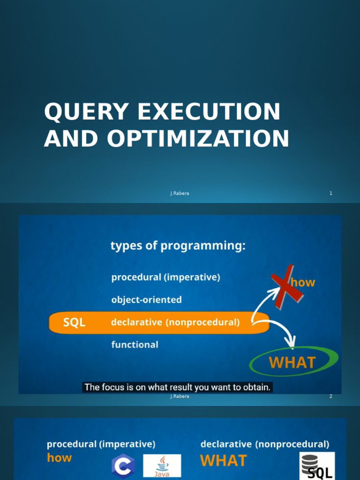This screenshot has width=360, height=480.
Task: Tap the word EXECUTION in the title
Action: coord(209,111)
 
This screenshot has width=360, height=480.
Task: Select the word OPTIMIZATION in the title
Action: coord(198,138)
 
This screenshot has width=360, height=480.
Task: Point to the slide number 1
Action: coord(330,193)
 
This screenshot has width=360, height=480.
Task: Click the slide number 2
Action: coord(330,396)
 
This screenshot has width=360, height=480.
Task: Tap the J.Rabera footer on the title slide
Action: coord(180,193)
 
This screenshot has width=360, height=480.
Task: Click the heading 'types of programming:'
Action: coord(178,246)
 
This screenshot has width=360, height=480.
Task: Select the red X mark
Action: coord(286,286)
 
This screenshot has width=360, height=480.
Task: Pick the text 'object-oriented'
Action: coord(146,300)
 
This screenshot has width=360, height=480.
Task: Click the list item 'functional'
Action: coord(135,345)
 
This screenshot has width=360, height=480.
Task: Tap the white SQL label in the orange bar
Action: coord(74,322)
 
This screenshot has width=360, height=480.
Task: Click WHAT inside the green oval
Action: coord(292,362)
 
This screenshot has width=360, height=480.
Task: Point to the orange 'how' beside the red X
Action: coord(303,282)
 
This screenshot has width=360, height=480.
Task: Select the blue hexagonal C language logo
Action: coord(123,465)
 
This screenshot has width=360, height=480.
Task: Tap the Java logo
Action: coord(162,465)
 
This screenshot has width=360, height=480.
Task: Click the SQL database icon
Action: coord(317,465)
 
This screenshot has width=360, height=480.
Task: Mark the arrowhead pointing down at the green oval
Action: coord(291,342)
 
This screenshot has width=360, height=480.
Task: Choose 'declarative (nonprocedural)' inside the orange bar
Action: coord(175,322)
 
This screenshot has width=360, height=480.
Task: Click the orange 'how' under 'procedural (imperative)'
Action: coord(59,457)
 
